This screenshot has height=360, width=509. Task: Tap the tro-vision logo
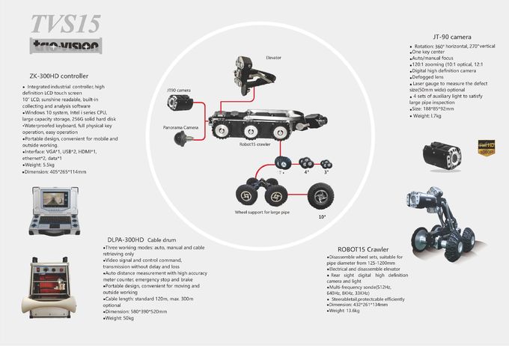pos(65,46)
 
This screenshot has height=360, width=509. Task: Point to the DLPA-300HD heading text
pos(124,240)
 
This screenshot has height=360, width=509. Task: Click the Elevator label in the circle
pos(274,57)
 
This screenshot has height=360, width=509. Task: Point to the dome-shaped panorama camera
pos(180,140)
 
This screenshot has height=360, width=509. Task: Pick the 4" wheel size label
pos(306,171)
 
